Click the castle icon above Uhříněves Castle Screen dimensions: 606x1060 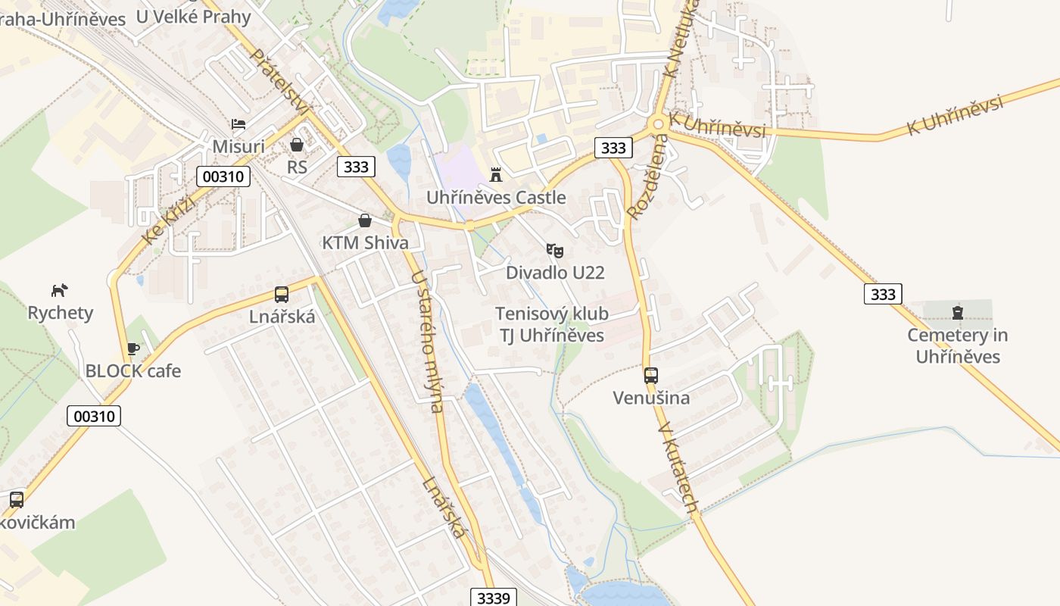click(496, 175)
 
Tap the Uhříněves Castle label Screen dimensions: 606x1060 click(496, 198)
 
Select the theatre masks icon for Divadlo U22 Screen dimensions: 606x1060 click(555, 250)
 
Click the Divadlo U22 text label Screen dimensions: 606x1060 click(555, 273)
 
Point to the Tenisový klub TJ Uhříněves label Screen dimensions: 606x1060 click(551, 324)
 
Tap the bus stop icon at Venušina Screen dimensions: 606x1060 click(650, 375)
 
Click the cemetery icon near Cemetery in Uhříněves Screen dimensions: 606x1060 click(958, 312)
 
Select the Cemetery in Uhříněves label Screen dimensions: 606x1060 click(958, 345)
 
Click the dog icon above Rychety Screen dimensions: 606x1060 click(60, 289)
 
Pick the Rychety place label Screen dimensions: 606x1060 click(60, 313)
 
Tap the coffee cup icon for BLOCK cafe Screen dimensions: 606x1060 click(133, 348)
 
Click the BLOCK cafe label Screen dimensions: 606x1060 click(133, 371)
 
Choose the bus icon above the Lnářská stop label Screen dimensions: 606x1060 click(282, 294)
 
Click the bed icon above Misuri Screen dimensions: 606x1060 click(238, 123)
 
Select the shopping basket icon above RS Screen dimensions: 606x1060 click(297, 144)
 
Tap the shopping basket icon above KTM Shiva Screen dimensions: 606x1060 click(365, 220)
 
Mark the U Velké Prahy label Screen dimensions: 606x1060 click(193, 15)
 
